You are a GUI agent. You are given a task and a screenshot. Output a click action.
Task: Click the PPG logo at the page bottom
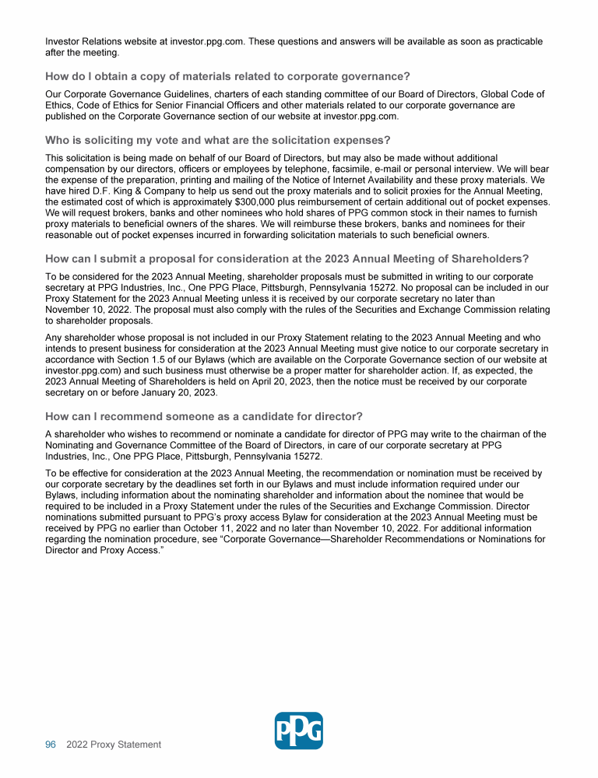tap(299, 731)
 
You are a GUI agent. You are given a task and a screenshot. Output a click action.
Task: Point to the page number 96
tap(51, 745)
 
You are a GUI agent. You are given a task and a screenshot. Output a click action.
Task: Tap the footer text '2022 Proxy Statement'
tap(114, 745)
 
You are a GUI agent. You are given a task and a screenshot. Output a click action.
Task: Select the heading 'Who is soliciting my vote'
tap(217, 140)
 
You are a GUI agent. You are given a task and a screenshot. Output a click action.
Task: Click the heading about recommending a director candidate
tap(204, 415)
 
